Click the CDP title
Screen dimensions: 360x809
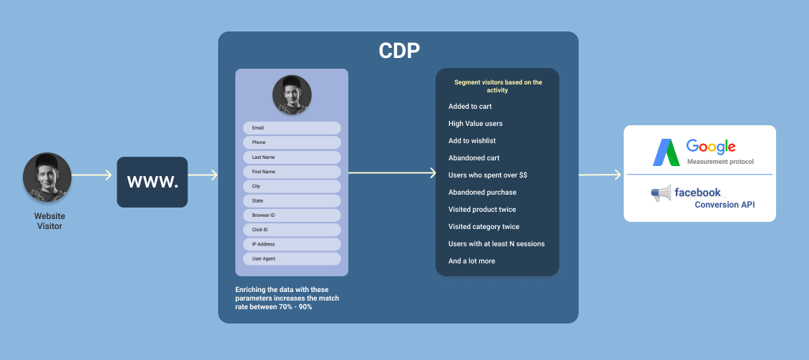pos(398,51)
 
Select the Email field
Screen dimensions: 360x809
pos(292,128)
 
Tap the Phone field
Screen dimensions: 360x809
pos(292,142)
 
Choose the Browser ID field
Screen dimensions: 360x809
pos(292,215)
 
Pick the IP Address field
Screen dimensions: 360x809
pos(292,244)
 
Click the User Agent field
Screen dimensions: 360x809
pos(292,259)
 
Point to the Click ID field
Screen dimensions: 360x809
pos(292,230)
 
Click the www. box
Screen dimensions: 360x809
pos(152,182)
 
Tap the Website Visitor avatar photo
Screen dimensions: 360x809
pos(47,177)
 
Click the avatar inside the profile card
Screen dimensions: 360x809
pos(292,94)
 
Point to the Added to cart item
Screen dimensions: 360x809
pos(470,107)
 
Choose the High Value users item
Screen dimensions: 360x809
pos(475,124)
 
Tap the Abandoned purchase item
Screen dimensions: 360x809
pos(482,193)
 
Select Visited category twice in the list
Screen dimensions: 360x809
pos(484,227)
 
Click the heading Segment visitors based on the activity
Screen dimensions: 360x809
pos(498,86)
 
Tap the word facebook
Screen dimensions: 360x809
pos(697,193)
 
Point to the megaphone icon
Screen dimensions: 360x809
pos(660,194)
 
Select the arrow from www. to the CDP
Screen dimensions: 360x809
pos(203,175)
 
